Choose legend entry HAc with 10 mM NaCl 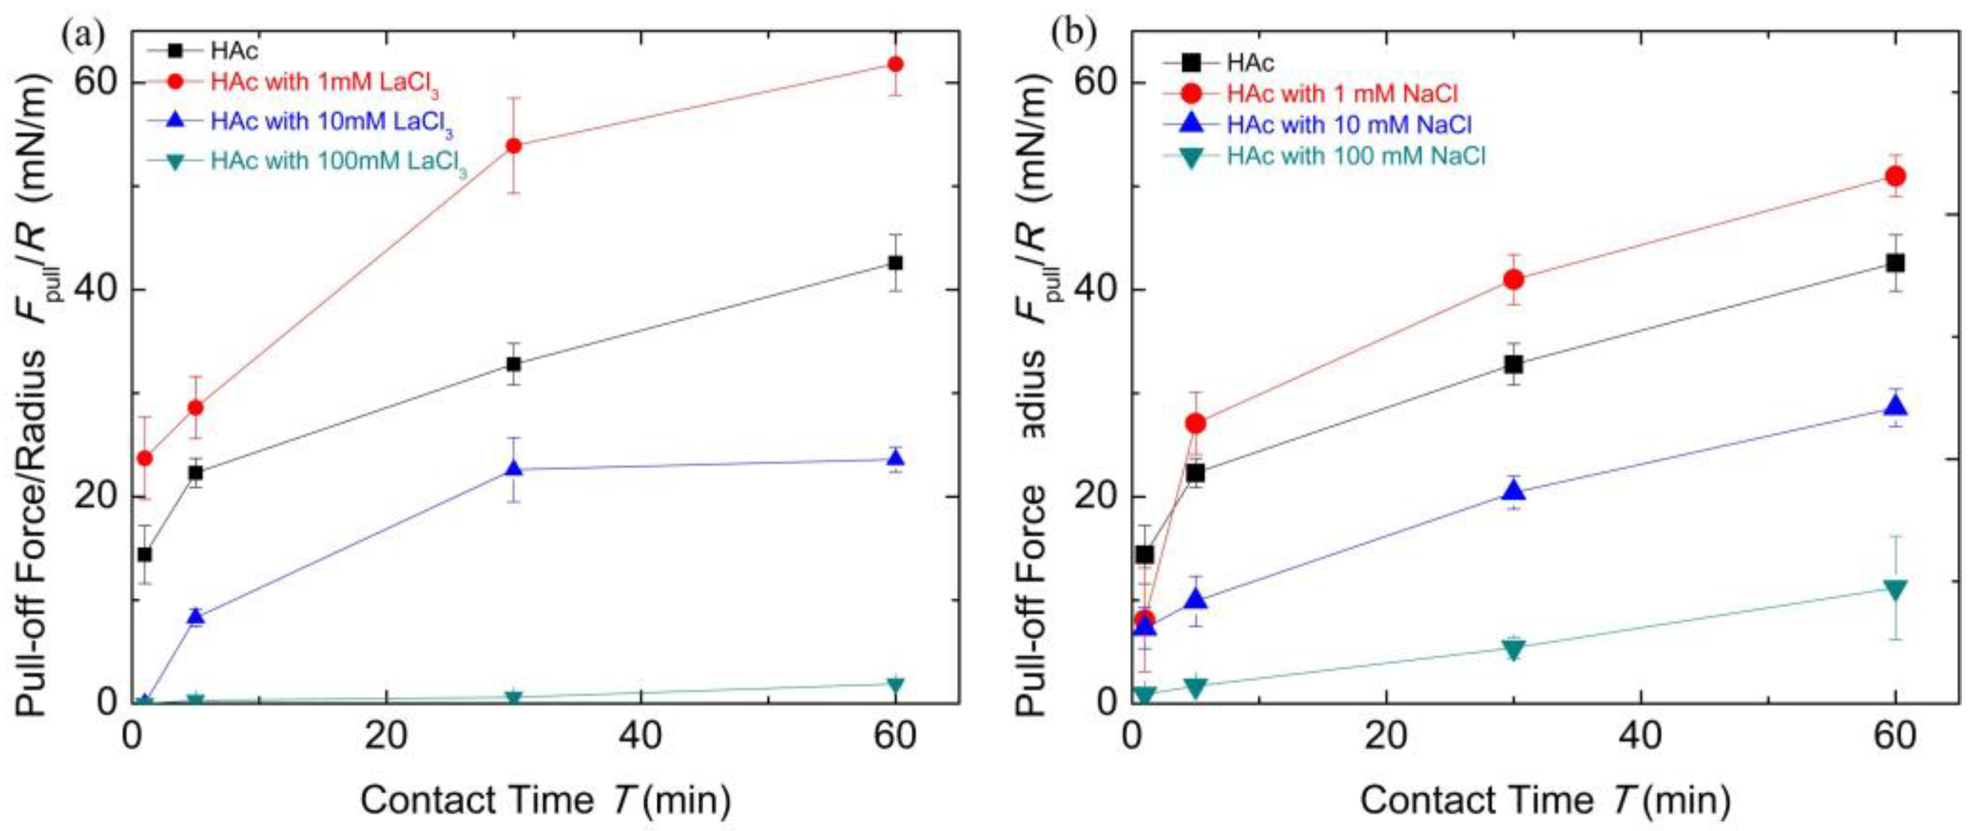[x=1349, y=125]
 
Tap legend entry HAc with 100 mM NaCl [x=1356, y=157]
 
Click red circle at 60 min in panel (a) [x=895, y=63]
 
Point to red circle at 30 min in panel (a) [x=514, y=146]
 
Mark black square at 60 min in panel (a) [x=895, y=263]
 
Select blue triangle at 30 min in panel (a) [x=514, y=468]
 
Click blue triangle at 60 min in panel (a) [x=895, y=458]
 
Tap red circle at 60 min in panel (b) [x=1895, y=176]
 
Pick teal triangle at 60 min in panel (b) [x=1895, y=589]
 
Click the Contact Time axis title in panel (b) [x=1545, y=801]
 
